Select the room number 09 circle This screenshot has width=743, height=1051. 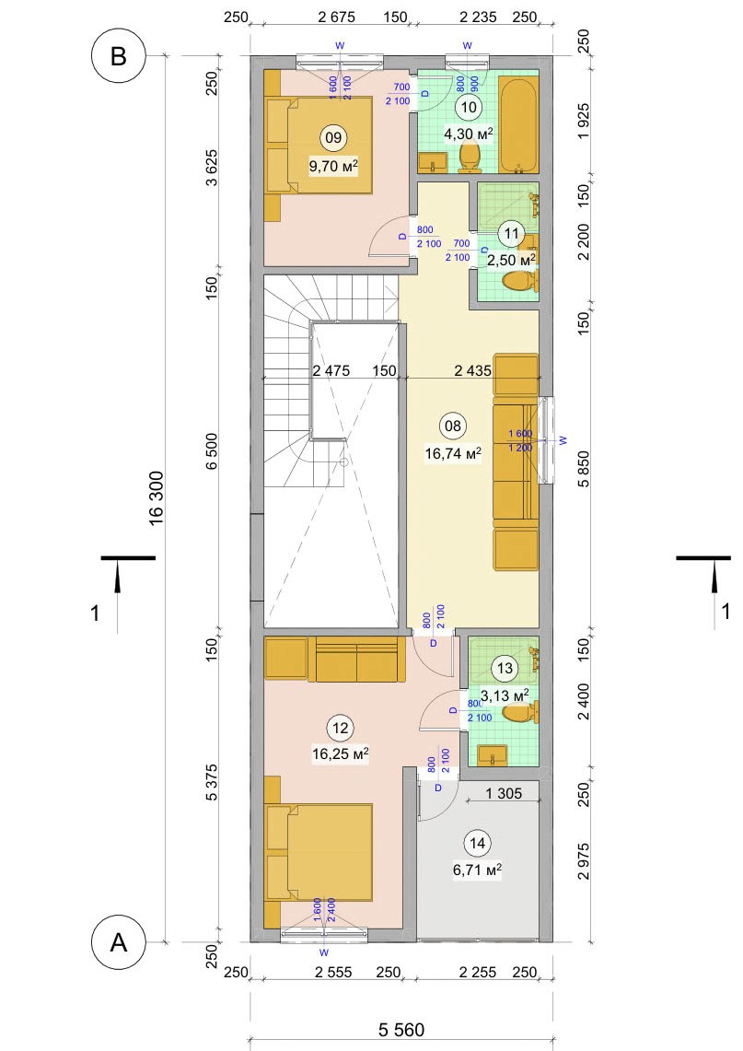[x=333, y=138]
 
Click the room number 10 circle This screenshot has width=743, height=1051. [x=469, y=107]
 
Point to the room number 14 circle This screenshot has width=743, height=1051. [x=478, y=843]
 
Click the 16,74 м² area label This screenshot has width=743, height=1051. [x=453, y=454]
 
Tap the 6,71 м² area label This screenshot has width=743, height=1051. [x=478, y=870]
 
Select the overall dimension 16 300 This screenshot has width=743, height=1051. [x=157, y=498]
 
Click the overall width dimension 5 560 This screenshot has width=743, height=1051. [x=401, y=1029]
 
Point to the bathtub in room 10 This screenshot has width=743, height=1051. [x=517, y=125]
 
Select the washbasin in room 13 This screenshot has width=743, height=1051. [x=496, y=755]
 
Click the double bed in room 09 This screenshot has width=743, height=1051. [x=319, y=146]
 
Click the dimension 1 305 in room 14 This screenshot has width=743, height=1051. [x=504, y=794]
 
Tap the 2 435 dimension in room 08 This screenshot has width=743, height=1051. [x=473, y=370]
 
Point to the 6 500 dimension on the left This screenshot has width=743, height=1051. [x=211, y=451]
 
